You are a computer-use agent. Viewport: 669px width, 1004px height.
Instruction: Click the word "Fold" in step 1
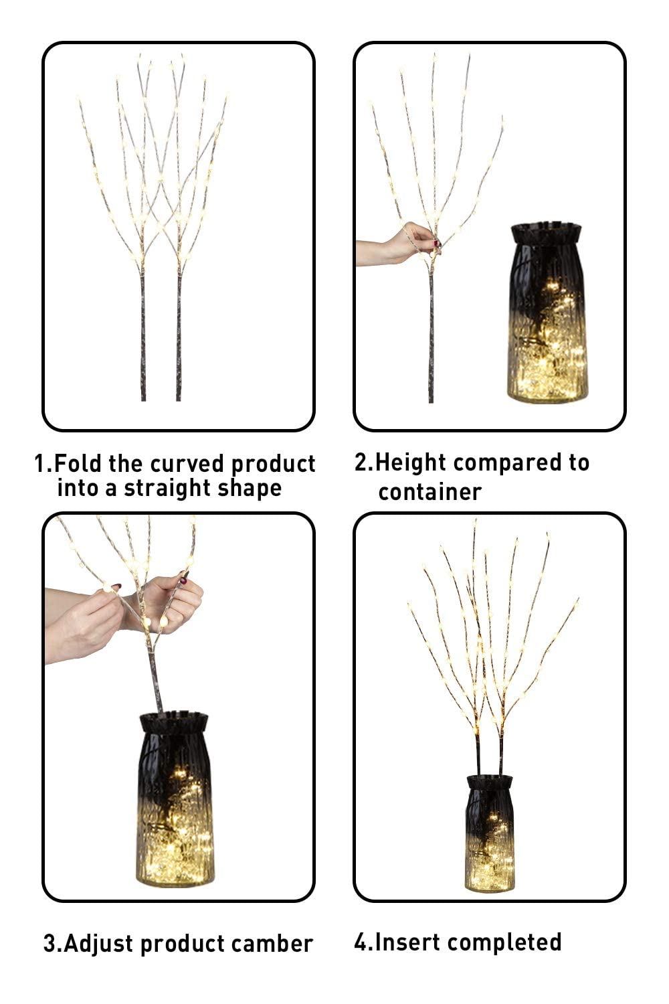[80, 463]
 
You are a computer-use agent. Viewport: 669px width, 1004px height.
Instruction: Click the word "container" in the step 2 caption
[429, 492]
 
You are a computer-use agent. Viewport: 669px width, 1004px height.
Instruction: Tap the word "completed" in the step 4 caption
[504, 942]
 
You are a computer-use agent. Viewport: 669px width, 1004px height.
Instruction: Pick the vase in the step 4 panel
[489, 837]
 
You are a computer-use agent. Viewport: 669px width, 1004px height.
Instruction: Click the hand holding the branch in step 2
[408, 243]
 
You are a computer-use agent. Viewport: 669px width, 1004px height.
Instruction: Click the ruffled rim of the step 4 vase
[489, 782]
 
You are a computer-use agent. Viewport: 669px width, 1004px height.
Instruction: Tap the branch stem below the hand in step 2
[431, 335]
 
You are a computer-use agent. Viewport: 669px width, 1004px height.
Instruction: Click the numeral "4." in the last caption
[362, 942]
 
